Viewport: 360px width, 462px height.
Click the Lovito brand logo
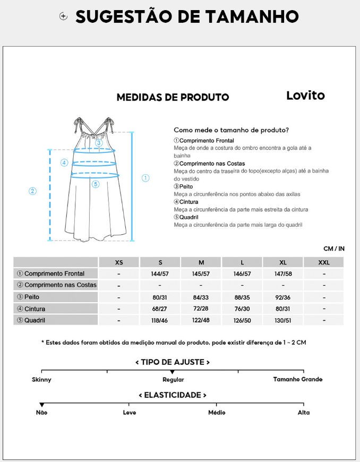pyautogui.click(x=305, y=96)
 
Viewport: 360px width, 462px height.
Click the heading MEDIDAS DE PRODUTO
pyautogui.click(x=173, y=97)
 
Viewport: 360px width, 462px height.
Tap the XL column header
pyautogui.click(x=282, y=262)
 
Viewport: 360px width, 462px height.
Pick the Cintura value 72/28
pyautogui.click(x=201, y=309)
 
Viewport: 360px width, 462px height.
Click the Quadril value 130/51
pyautogui.click(x=282, y=321)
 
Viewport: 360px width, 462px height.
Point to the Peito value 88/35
pyautogui.click(x=242, y=297)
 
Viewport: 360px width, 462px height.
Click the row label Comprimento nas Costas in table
pyautogui.click(x=56, y=285)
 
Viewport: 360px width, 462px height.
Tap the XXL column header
pyautogui.click(x=323, y=262)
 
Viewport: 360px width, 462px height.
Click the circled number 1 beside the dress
pyautogui.click(x=145, y=178)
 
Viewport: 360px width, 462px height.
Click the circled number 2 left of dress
pyautogui.click(x=32, y=191)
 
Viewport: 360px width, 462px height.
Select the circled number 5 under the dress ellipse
pyautogui.click(x=96, y=184)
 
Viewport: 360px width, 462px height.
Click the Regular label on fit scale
pyautogui.click(x=173, y=379)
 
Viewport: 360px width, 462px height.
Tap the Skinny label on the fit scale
pyautogui.click(x=41, y=379)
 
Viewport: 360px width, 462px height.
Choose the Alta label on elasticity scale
pyautogui.click(x=304, y=412)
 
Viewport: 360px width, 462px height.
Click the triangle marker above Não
pyautogui.click(x=42, y=405)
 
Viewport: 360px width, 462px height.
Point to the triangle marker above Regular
pyautogui.click(x=172, y=372)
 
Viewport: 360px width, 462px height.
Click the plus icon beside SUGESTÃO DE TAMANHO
pyautogui.click(x=64, y=16)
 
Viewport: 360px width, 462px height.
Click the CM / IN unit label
pyautogui.click(x=334, y=249)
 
